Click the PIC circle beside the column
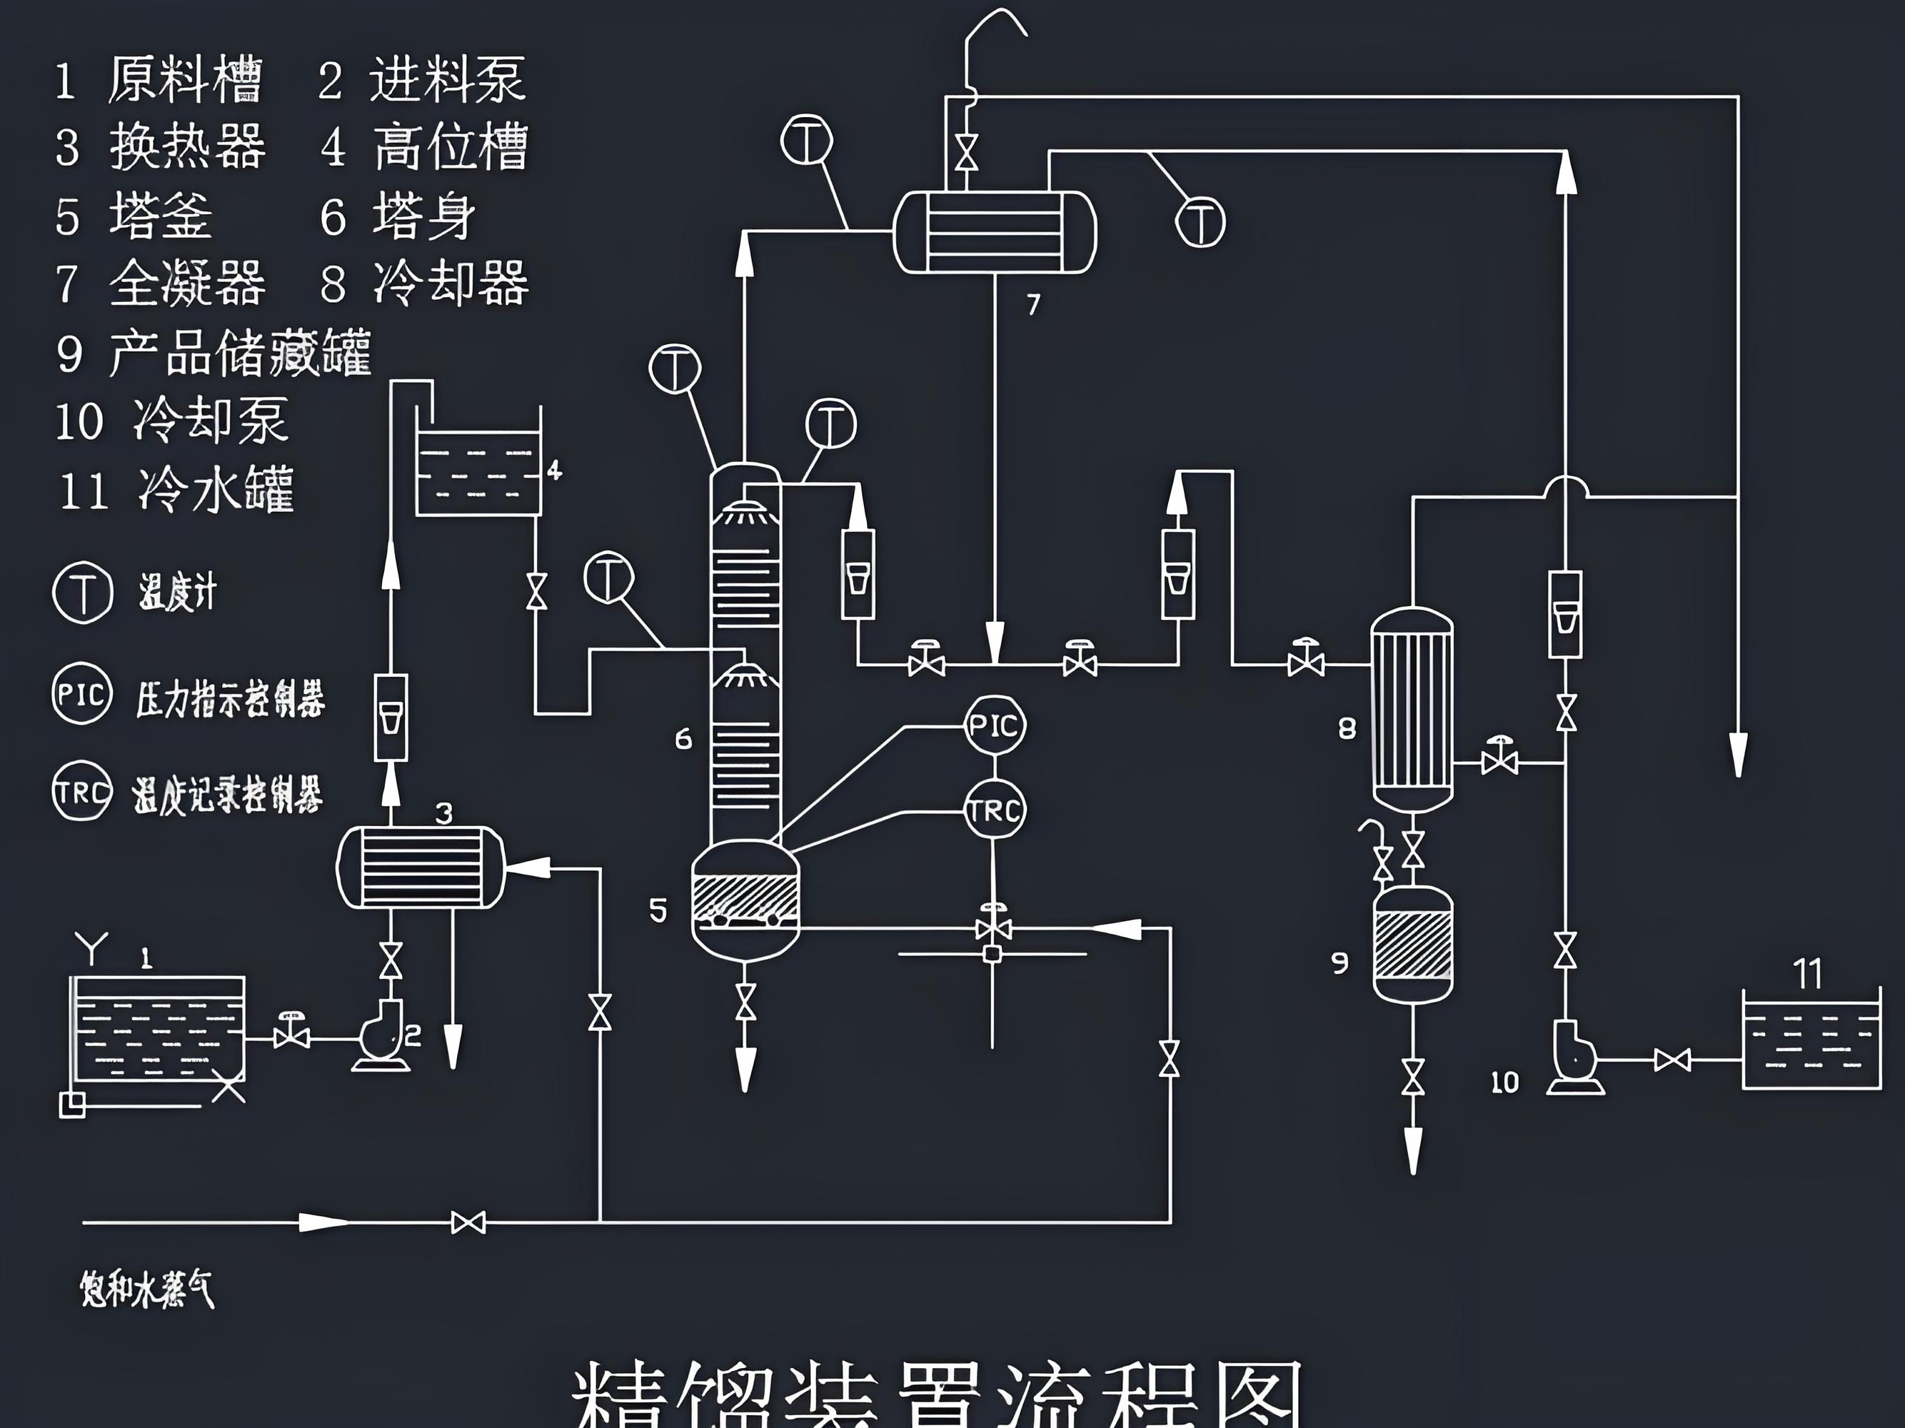[x=995, y=725]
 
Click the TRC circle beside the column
[x=995, y=810]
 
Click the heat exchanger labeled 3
[x=421, y=867]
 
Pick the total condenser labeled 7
[x=995, y=231]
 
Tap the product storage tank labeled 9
[x=1412, y=945]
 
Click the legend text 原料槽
[x=184, y=80]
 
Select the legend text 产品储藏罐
[x=239, y=353]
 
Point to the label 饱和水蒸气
[x=146, y=1289]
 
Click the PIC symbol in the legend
[x=82, y=694]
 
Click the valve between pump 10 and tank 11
[x=1672, y=1060]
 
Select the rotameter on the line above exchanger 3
[x=391, y=718]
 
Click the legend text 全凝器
[x=187, y=283]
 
